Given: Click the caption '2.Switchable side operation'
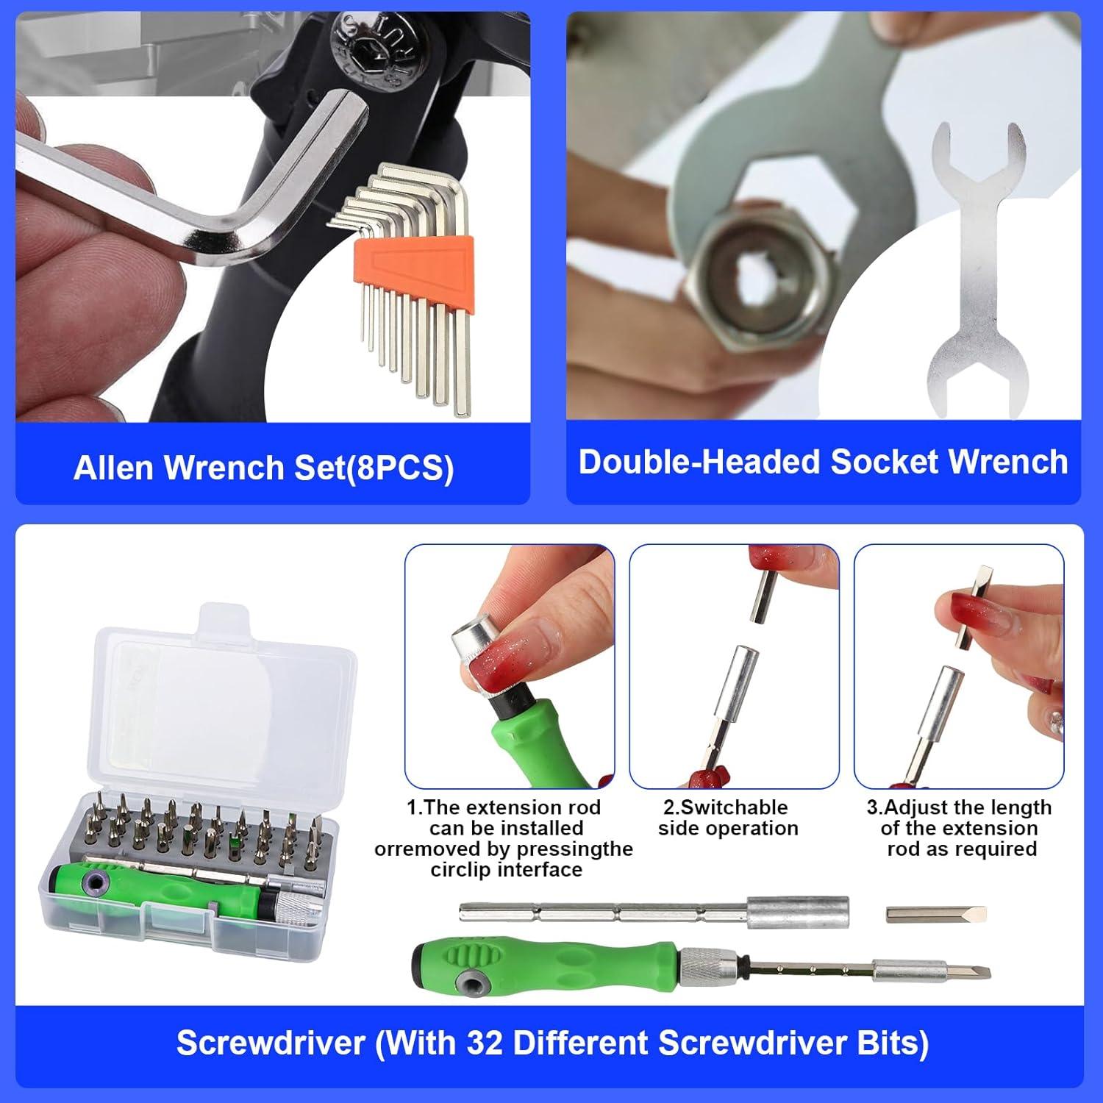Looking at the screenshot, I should (727, 818).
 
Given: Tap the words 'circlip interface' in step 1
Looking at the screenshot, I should (506, 870).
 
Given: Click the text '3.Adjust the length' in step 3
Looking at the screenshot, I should (959, 807).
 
